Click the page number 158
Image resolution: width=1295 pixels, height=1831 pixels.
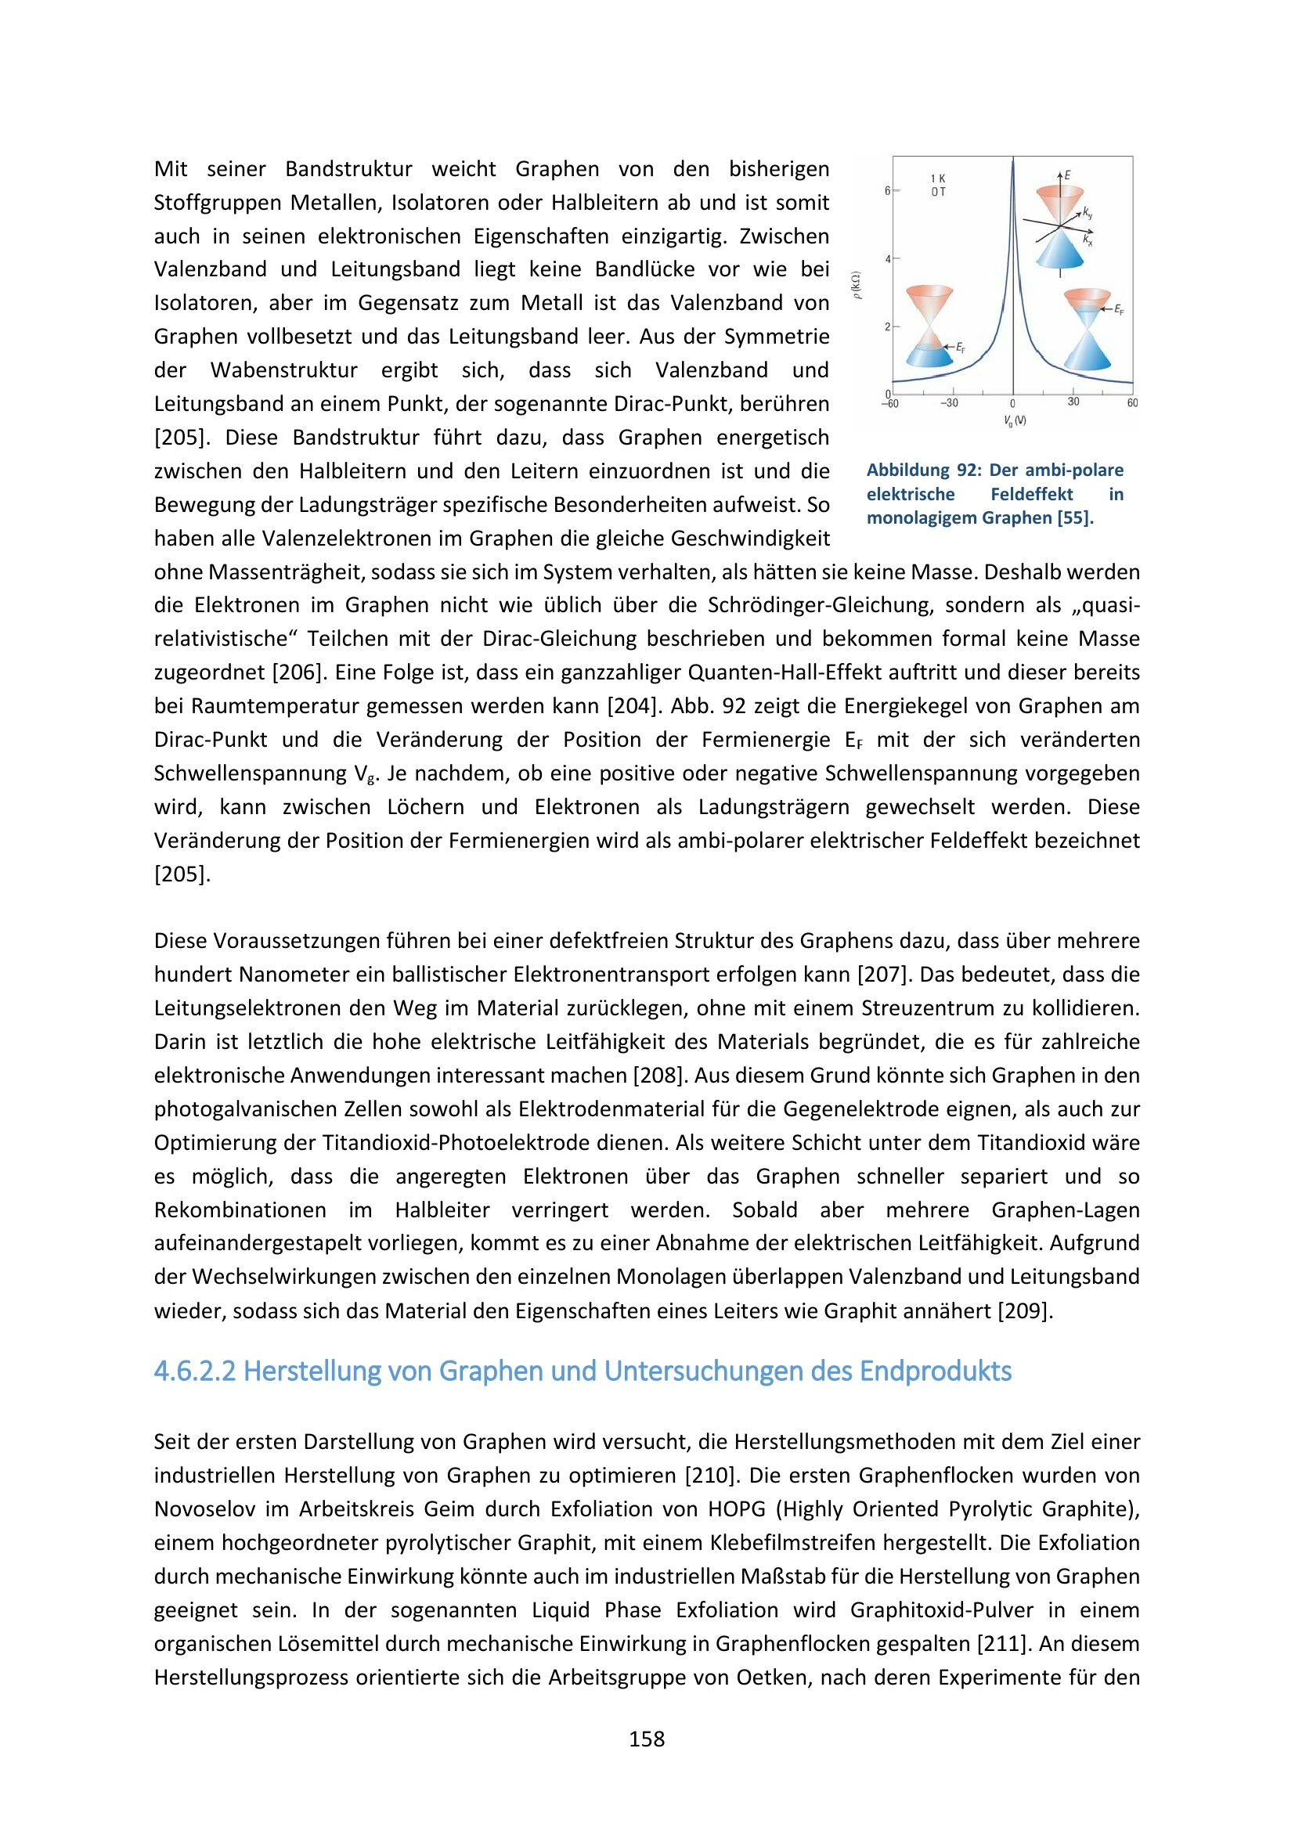646,1739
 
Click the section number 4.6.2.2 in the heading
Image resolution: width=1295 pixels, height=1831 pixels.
193,1371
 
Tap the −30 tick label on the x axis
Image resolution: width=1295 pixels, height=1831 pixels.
949,402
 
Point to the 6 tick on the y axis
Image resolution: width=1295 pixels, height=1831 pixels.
888,190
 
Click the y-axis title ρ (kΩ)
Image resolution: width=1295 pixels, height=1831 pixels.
857,286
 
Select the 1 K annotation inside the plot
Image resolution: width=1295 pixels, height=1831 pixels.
938,178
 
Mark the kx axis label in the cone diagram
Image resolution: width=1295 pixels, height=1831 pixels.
1088,240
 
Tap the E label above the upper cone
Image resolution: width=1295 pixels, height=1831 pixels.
1068,175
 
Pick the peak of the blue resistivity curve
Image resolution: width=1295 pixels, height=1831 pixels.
1012,160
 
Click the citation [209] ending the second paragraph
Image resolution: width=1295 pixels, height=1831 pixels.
1025,1311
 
